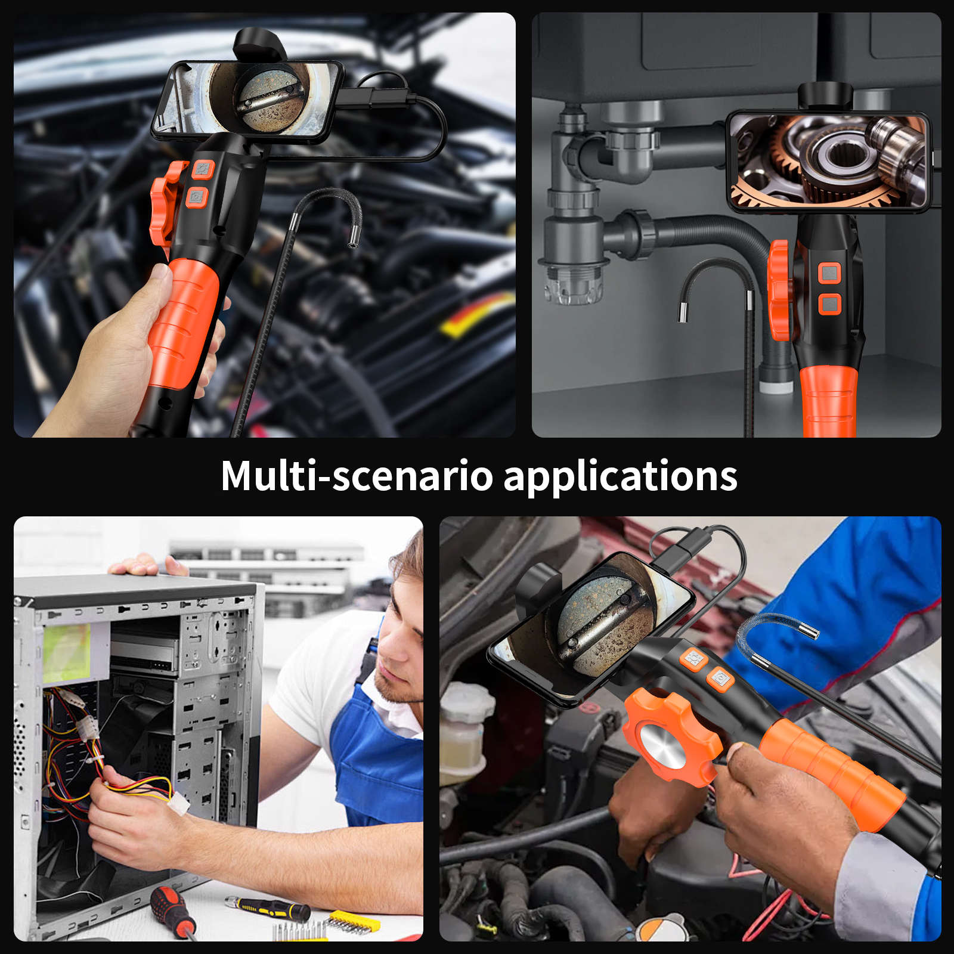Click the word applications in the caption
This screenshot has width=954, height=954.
click(x=620, y=477)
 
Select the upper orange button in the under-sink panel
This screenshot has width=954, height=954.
click(x=829, y=274)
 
